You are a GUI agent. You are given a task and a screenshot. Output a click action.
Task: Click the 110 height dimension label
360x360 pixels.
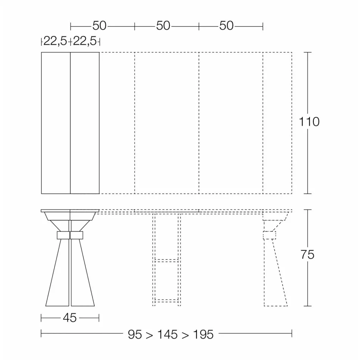tap(309, 122)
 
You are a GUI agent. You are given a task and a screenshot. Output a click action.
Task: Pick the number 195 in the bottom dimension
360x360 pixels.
tap(203, 335)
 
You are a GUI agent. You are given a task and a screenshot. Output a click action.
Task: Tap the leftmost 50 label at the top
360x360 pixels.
tap(99, 26)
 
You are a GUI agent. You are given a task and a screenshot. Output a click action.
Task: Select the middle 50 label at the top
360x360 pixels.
tap(163, 26)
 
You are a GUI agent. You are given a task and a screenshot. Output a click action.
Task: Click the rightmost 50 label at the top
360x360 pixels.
tap(227, 26)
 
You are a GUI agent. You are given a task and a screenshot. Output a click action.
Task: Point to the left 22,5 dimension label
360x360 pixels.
tap(55, 41)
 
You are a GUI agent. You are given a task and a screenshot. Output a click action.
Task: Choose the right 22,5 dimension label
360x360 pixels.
tap(85, 41)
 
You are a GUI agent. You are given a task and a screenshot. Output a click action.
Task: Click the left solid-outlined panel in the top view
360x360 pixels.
tap(56, 123)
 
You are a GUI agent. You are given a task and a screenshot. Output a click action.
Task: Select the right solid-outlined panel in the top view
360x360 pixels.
tap(85, 123)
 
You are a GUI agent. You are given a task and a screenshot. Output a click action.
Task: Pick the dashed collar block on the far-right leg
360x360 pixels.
tap(269, 235)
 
